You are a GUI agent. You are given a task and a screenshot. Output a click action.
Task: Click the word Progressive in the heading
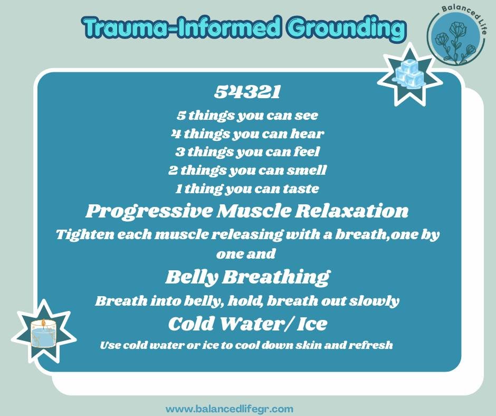(148, 211)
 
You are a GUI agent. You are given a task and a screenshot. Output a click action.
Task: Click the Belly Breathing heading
(247, 277)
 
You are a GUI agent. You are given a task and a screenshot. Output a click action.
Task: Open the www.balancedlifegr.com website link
(229, 409)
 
